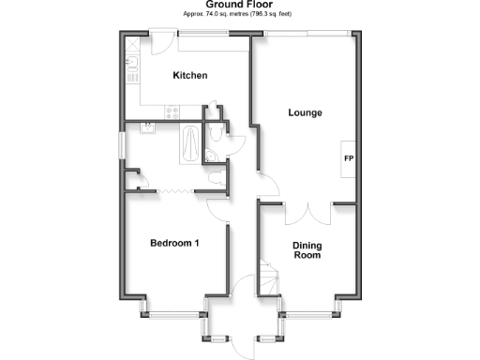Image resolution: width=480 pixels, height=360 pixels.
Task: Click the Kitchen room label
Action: [189, 76]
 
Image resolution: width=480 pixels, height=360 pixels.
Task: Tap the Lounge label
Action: [305, 113]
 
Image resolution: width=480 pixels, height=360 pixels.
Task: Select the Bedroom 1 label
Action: [174, 244]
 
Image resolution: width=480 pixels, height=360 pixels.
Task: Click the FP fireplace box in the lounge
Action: [348, 157]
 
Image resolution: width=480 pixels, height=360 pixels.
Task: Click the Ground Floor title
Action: [240, 5]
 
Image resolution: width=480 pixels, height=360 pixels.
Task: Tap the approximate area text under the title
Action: [240, 16]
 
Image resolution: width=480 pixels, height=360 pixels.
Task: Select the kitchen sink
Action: [131, 67]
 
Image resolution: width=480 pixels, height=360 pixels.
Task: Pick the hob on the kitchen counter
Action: [172, 112]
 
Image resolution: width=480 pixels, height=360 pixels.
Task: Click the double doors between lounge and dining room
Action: [307, 212]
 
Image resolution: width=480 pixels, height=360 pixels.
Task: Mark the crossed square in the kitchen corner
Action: [133, 43]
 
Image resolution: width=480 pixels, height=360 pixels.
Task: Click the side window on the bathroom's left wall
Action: [123, 146]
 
